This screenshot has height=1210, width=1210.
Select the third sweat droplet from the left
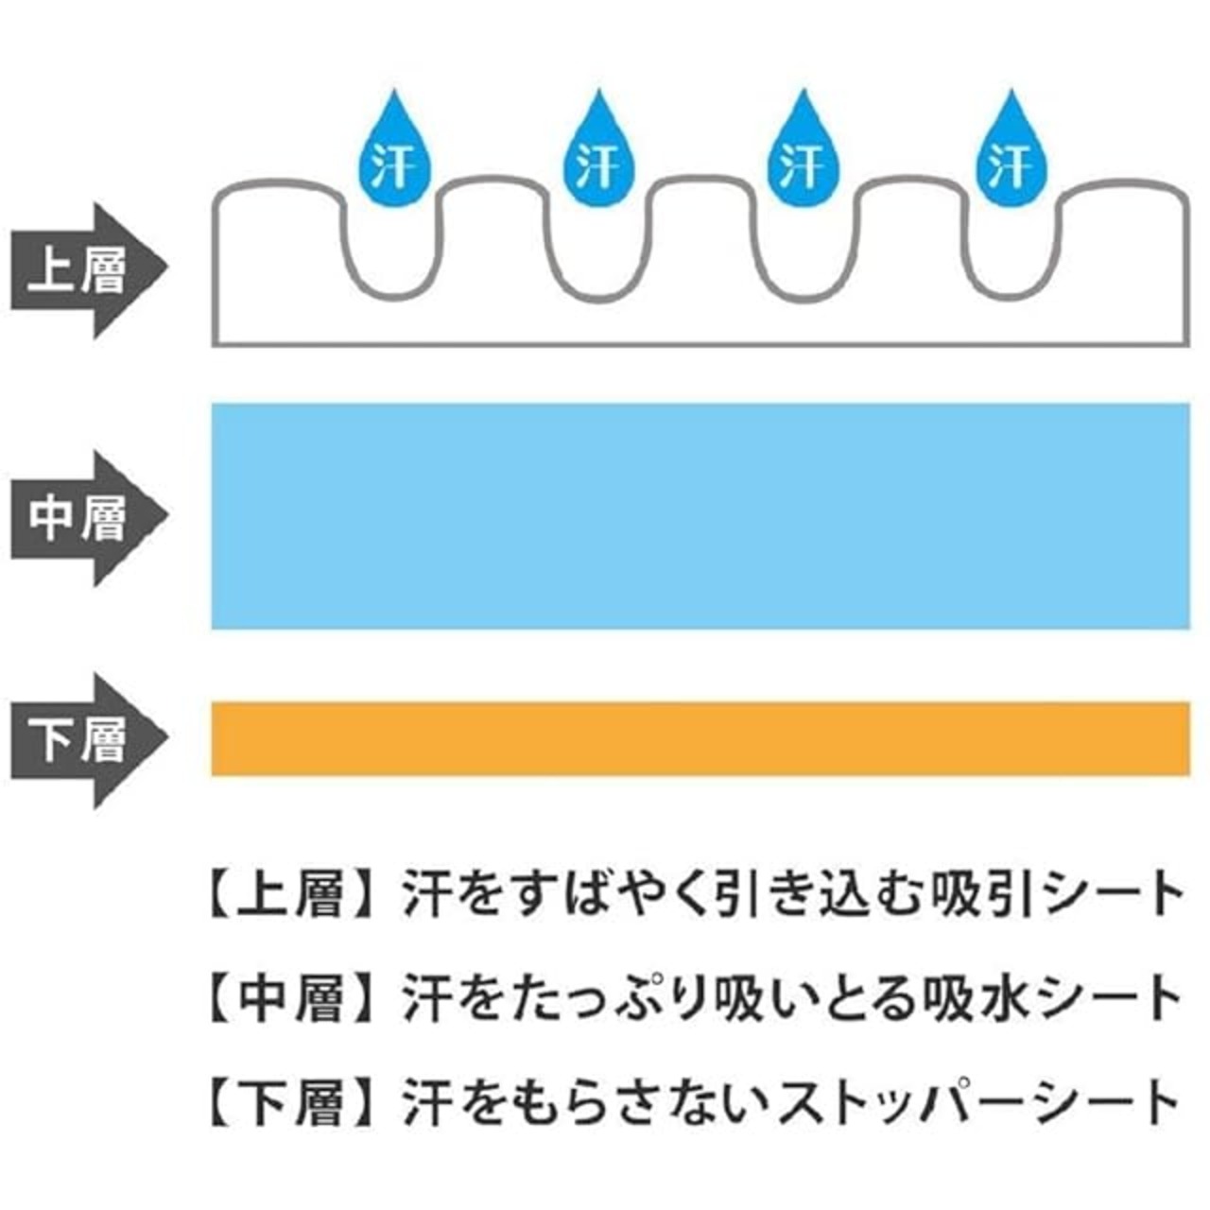(x=803, y=156)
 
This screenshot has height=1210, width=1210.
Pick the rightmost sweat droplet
(x=1008, y=156)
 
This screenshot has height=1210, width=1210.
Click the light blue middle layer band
(x=700, y=516)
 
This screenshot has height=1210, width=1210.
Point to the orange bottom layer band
(x=700, y=738)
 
